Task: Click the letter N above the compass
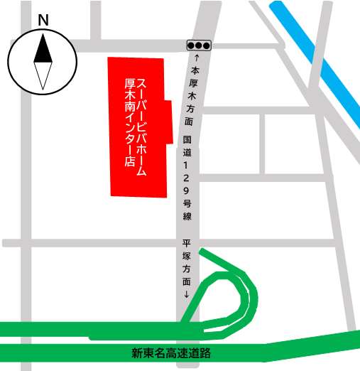[43, 21]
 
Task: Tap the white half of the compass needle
[43, 76]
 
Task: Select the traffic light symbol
[199, 45]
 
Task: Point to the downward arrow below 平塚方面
[187, 294]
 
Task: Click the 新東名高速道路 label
[172, 353]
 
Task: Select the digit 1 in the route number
[187, 164]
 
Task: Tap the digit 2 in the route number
[187, 177]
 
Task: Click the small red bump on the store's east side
[169, 122]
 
